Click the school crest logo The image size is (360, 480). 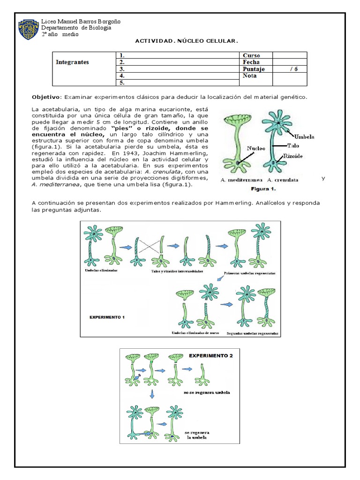(x=29, y=29)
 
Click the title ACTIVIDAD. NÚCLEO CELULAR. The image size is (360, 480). (x=187, y=41)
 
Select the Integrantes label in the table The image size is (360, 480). (x=72, y=62)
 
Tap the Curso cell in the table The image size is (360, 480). (x=251, y=55)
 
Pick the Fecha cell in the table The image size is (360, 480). (x=251, y=62)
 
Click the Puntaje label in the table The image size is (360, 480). (x=254, y=69)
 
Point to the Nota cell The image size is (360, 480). (x=250, y=76)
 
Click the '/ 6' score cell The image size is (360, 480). (x=293, y=69)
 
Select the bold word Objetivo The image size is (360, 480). (x=46, y=97)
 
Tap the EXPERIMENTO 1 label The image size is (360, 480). (x=107, y=317)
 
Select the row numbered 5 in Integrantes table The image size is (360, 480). (x=177, y=83)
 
